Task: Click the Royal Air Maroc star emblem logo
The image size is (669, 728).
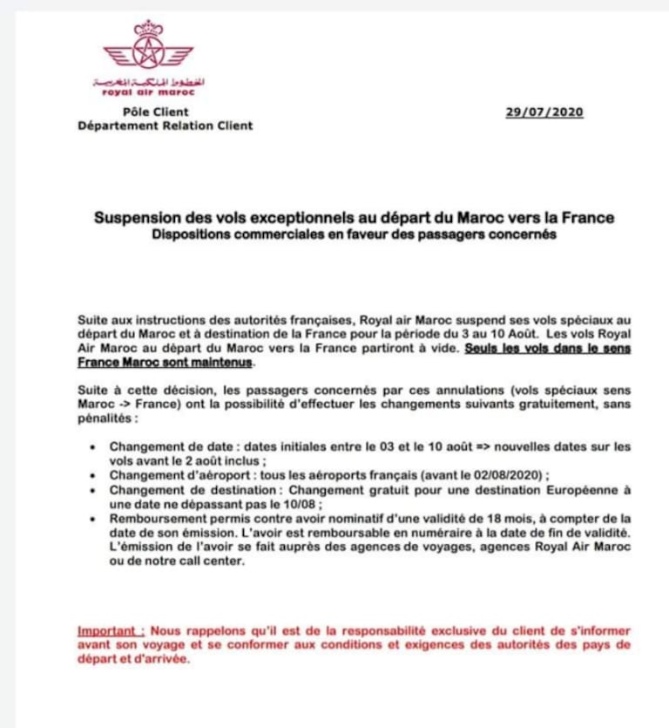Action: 148,51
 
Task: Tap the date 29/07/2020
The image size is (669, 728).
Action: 544,112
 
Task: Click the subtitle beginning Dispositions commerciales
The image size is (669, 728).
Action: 352,235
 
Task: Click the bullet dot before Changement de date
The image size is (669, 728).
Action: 94,446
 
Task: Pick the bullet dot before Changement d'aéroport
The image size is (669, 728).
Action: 94,475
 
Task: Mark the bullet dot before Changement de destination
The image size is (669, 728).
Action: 94,490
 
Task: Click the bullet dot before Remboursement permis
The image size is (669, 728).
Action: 94,519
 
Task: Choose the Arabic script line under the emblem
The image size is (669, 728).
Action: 148,81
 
